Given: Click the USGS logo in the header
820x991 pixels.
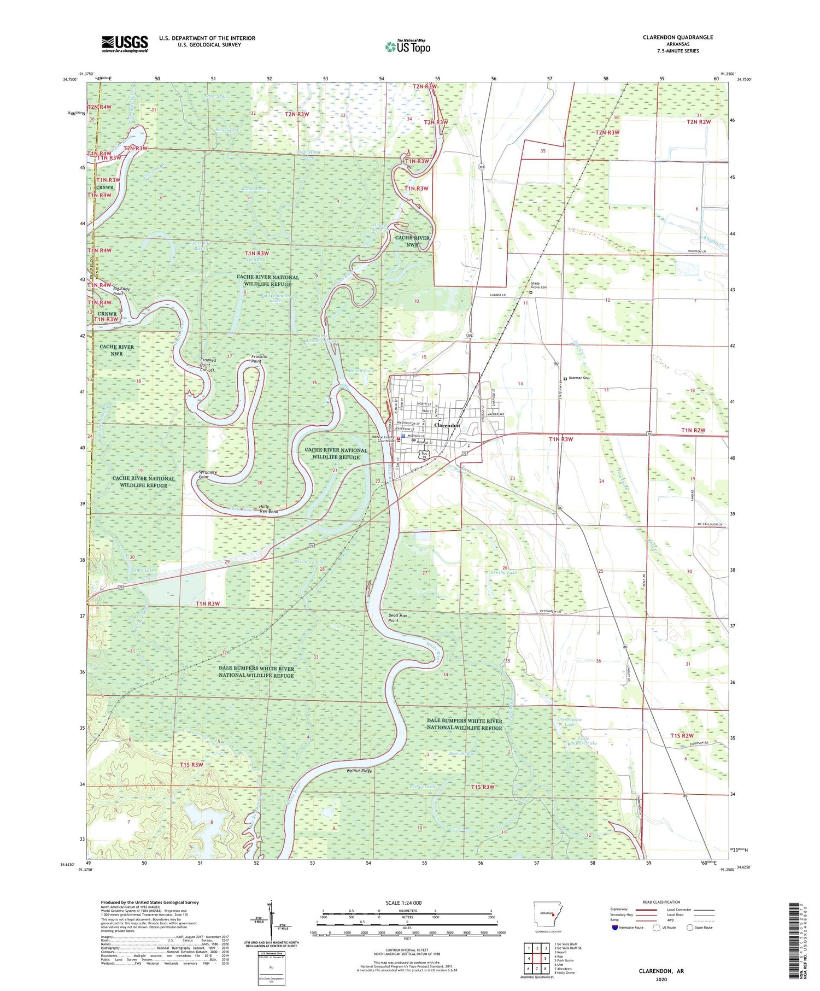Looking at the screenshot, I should [125, 43].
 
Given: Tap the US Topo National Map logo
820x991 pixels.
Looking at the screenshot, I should [407, 46].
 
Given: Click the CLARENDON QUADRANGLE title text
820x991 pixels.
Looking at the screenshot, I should [678, 37].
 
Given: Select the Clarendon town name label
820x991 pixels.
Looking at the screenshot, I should [447, 425].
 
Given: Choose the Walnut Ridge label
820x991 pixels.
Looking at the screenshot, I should [359, 771].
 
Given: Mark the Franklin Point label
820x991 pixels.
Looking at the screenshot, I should [260, 359].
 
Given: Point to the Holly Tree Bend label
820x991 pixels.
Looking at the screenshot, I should [268, 509].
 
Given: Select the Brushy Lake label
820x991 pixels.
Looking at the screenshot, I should [503, 573].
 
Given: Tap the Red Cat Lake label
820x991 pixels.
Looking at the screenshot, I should [424, 787].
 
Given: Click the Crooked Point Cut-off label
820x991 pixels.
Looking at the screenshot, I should [208, 365].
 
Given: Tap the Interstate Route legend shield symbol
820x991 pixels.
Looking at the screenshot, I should [615, 927].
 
